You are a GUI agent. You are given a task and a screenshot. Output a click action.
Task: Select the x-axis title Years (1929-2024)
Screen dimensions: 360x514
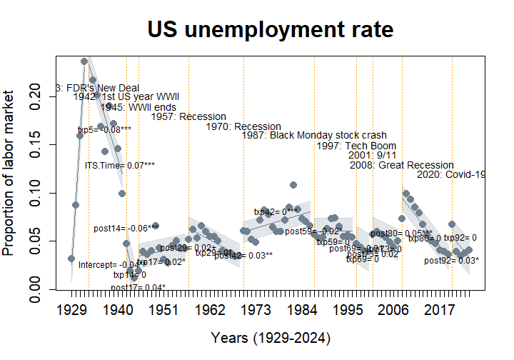click(271, 336)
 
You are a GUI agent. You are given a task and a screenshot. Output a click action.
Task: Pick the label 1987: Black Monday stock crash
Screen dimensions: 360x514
click(314, 135)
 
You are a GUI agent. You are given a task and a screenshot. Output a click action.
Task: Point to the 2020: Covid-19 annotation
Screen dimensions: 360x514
click(450, 174)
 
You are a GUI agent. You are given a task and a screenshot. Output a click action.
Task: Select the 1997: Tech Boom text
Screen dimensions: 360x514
click(356, 146)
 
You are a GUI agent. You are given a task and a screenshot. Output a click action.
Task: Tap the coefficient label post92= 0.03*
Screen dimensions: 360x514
click(451, 261)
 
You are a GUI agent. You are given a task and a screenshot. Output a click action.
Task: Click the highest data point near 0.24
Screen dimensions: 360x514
click(84, 61)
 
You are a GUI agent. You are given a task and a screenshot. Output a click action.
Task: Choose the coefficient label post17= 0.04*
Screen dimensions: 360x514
click(138, 287)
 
